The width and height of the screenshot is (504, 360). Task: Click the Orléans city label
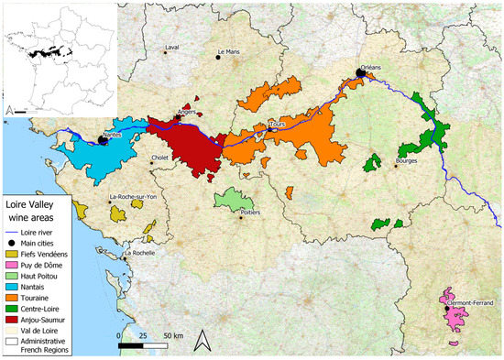pyautogui.click(x=370, y=67)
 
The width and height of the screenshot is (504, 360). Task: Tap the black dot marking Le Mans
pyautogui.click(x=218, y=57)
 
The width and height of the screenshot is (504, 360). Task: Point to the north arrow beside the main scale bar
pyautogui.click(x=206, y=340)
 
